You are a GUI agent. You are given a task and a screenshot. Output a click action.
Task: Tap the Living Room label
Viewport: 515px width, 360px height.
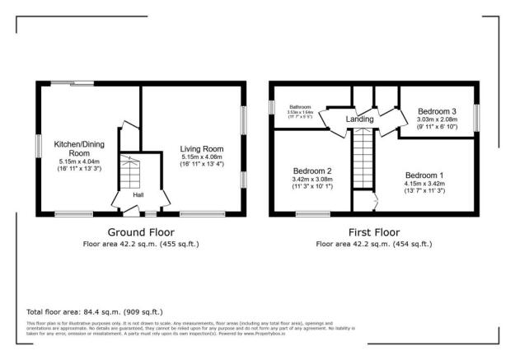coord(202,149)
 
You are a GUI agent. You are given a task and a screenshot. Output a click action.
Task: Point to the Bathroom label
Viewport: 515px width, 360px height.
coord(300,107)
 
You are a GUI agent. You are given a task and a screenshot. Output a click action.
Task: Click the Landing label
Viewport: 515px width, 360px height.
coord(359,119)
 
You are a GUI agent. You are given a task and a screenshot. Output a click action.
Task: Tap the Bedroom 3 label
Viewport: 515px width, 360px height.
coord(437,111)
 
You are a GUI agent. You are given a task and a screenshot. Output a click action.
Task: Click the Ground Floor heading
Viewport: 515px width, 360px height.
coord(141,232)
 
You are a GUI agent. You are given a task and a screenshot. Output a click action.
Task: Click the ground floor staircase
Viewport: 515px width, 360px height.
coord(130,174)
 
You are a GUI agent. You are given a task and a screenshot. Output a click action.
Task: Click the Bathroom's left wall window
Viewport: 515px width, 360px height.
coord(272,108)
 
